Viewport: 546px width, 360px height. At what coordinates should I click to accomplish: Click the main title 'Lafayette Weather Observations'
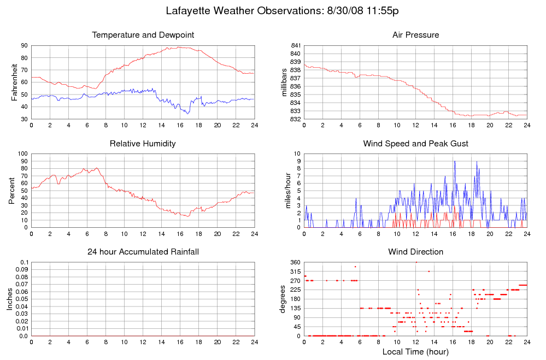(285, 11)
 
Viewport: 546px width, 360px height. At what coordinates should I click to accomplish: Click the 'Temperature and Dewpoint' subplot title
(143, 35)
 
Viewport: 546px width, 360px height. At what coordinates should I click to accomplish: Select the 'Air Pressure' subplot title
(415, 35)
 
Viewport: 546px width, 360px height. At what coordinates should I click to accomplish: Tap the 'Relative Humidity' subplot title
(143, 144)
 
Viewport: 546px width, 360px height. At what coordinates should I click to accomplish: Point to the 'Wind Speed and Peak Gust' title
(415, 144)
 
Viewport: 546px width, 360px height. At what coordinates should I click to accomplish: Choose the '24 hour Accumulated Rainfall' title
(143, 252)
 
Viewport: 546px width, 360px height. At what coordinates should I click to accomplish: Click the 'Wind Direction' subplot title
(415, 252)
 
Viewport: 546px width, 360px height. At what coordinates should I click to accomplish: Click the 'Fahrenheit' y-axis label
(15, 82)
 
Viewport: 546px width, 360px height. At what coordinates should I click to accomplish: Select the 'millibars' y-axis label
(284, 82)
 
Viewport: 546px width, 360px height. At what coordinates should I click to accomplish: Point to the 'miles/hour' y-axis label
(288, 191)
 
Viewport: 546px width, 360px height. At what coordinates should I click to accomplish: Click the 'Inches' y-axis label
(9, 299)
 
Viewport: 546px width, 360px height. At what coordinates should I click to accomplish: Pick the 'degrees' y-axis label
(283, 299)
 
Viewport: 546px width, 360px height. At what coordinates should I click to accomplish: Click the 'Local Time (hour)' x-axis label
(415, 352)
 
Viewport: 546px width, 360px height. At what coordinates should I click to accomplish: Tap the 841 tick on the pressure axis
(295, 45)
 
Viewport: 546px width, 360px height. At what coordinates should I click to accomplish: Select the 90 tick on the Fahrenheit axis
(24, 45)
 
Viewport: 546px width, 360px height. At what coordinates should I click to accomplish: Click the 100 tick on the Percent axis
(22, 154)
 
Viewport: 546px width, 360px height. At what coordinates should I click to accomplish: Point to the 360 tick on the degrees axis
(295, 262)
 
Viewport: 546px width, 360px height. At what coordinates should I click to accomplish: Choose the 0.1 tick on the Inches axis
(24, 262)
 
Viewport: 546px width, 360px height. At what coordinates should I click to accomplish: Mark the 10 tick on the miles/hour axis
(297, 154)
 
